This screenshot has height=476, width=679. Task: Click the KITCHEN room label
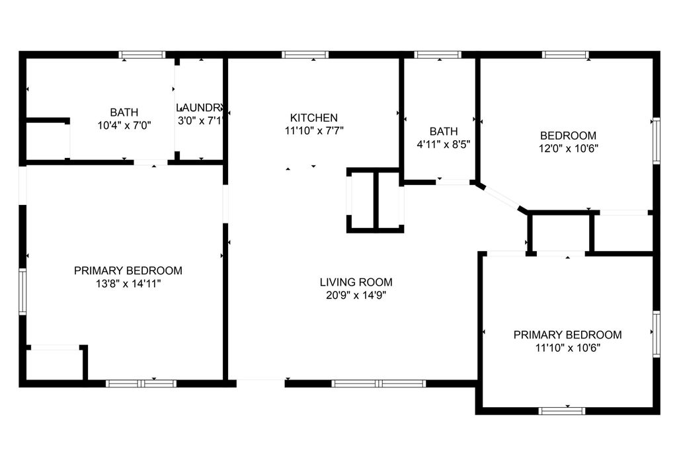313,118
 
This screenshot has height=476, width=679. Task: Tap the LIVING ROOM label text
356,282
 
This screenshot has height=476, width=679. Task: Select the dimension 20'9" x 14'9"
356,296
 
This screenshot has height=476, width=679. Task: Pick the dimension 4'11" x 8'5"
443,143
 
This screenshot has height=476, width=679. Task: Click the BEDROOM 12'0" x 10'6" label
568,136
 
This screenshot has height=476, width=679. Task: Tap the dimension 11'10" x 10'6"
567,347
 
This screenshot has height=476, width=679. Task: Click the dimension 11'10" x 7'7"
314,130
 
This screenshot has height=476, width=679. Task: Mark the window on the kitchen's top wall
305,54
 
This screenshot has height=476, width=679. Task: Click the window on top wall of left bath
141,54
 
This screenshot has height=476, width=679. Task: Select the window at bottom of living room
378,383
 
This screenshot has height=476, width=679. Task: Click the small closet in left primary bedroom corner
55,364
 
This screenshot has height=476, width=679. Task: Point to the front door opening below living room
260,381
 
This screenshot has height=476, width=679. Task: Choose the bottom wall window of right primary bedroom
562,411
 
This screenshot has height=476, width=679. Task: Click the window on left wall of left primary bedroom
22,291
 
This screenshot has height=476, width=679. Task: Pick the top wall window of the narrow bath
438,54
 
